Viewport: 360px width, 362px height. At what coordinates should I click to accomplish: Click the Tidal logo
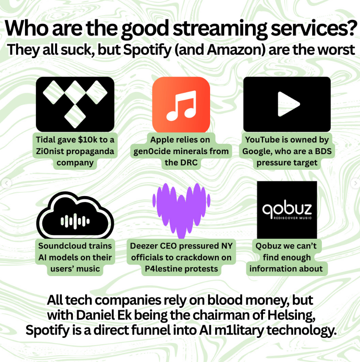point(75,104)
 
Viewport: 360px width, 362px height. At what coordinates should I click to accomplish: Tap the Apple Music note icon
point(181,106)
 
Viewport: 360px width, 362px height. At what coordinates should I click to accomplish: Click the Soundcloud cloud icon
point(75,216)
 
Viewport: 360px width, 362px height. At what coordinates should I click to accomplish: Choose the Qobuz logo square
point(287,210)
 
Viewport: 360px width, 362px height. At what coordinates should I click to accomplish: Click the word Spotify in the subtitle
point(147,50)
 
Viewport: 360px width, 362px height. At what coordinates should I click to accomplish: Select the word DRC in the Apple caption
point(189,163)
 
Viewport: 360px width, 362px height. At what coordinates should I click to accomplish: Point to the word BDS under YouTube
point(323,151)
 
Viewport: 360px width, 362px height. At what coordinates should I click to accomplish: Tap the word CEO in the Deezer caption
point(169,246)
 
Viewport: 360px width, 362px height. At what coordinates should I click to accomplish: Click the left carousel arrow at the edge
point(6,183)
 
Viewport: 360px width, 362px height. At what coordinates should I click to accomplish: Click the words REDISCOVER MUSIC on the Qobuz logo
point(293,218)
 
